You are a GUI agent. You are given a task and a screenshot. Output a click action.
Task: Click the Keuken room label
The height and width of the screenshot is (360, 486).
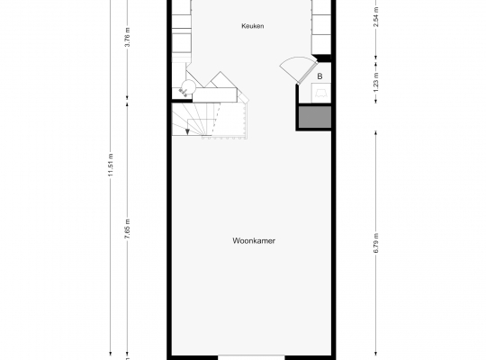coord(253,26)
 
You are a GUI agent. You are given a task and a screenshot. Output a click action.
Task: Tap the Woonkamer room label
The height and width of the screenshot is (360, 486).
coord(254,241)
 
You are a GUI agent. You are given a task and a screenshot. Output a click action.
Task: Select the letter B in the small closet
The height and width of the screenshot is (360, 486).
coord(319,76)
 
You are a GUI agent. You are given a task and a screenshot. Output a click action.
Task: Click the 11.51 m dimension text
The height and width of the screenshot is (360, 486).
coord(111,165)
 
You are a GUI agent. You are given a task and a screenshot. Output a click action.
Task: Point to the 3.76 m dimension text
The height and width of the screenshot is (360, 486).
coord(127,37)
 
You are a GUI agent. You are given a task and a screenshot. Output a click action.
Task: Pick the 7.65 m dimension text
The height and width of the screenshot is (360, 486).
coord(127,229)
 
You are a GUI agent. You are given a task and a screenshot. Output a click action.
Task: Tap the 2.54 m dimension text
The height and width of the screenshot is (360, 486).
coord(376,17)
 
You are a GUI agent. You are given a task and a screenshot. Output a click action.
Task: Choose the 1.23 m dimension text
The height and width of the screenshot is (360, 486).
coord(376,82)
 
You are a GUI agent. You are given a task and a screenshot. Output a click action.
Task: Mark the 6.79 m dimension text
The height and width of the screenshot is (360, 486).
coord(376,243)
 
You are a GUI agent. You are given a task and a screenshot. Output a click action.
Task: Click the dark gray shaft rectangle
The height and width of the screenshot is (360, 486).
coord(315,117)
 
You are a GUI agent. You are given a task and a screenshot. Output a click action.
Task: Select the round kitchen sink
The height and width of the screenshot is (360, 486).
coord(188,86)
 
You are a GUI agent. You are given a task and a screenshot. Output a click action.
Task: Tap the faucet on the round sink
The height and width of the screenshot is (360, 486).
coord(183,92)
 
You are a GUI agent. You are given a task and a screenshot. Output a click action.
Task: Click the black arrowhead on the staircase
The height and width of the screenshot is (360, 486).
coord(187,132)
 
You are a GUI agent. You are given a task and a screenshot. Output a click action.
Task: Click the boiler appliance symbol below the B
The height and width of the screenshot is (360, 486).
coord(320,93)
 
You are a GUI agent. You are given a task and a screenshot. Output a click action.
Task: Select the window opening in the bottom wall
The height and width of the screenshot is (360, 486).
coord(251,357)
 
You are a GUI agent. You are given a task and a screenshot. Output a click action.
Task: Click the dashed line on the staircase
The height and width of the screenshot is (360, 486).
coord(217,119)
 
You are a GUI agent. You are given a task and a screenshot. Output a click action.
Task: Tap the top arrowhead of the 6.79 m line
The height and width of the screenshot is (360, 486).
coord(376,133)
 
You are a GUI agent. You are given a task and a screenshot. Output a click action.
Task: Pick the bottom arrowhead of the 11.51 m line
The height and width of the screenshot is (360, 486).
coord(111,353)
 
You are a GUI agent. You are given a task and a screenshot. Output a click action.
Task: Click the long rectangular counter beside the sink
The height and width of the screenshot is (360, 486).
coord(215,94)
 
